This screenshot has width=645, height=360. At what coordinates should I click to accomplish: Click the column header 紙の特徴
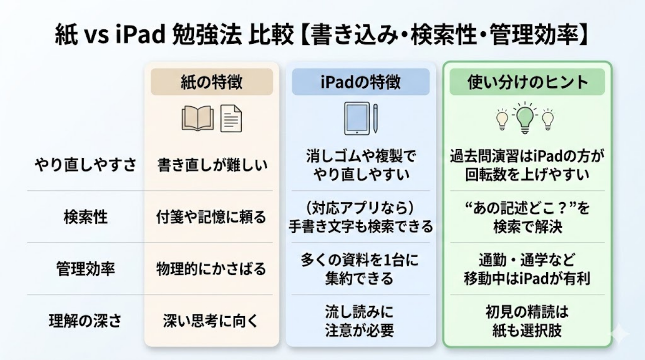[x=212, y=82]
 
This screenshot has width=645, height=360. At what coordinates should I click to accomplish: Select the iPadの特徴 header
[x=360, y=82]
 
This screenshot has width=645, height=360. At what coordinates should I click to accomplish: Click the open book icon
[x=198, y=119]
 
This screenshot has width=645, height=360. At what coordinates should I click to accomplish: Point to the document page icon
[x=231, y=119]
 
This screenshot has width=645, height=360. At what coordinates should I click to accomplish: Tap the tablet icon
[x=357, y=118]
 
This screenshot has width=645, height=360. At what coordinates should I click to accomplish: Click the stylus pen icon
[x=375, y=118]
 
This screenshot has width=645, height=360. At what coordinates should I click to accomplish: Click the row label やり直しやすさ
[x=85, y=165]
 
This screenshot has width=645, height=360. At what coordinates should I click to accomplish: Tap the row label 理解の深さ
[x=85, y=321]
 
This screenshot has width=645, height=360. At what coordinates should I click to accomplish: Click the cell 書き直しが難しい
[x=211, y=165]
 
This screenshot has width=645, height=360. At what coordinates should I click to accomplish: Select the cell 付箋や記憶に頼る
[x=211, y=217]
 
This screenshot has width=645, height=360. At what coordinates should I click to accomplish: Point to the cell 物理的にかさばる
[x=211, y=269]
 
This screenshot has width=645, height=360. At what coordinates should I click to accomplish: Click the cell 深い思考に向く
[x=211, y=321]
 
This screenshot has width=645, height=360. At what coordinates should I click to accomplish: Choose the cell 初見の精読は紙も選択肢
[x=528, y=321]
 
